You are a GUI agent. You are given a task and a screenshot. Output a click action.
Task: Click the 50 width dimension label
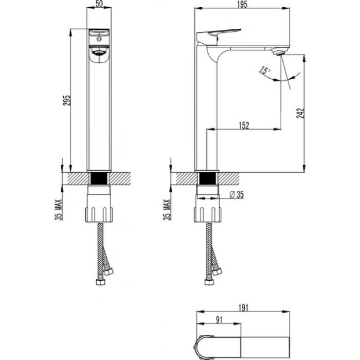coord(99,4)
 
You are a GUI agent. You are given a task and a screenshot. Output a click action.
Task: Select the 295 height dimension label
coord(67,100)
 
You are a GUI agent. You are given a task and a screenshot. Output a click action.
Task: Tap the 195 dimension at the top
coord(242,5)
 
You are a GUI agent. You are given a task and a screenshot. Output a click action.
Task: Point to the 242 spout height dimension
coord(300,113)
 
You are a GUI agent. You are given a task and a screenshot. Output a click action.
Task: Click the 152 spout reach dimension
coord(244,125)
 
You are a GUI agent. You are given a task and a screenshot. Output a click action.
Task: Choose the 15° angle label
coord(265,70)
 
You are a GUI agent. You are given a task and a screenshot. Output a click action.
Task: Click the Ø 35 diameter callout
coord(237,194)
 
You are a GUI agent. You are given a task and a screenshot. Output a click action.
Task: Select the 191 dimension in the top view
coord(243,308)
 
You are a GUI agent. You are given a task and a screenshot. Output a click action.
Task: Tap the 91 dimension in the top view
coord(219,320)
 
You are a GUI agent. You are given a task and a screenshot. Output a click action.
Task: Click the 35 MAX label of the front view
coord(59,210)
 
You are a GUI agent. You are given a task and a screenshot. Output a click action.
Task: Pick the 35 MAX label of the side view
coord(167,210)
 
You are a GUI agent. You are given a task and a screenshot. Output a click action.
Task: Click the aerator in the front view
coord(99,53)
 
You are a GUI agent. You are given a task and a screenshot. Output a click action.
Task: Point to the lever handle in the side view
coord(218,35)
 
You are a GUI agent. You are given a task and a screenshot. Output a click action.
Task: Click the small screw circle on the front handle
coord(99,39)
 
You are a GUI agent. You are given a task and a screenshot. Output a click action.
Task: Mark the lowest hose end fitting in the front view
coord(100,282)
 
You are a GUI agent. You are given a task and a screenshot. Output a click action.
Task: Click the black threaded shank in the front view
coord(99,178)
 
